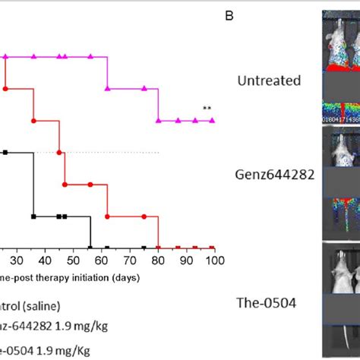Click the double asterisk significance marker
(x=206, y=110)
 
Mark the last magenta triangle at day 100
(x=212, y=120)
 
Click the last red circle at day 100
(x=212, y=247)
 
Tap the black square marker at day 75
(x=142, y=247)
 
